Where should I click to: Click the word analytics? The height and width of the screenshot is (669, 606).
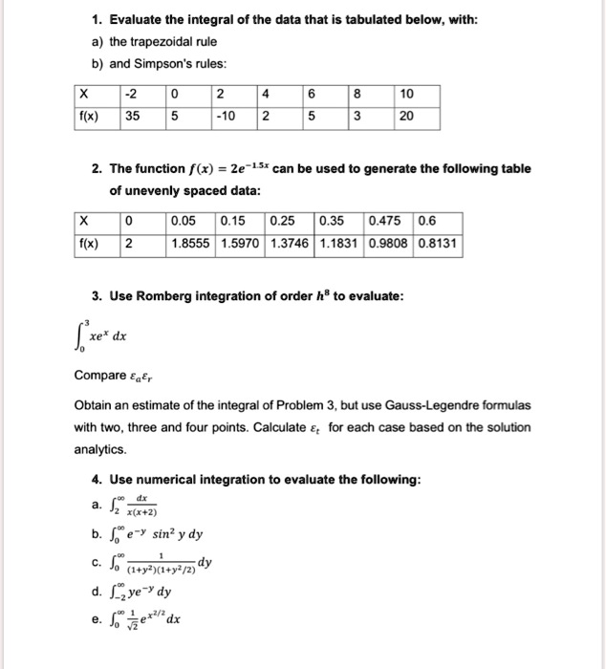coord(101,447)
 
